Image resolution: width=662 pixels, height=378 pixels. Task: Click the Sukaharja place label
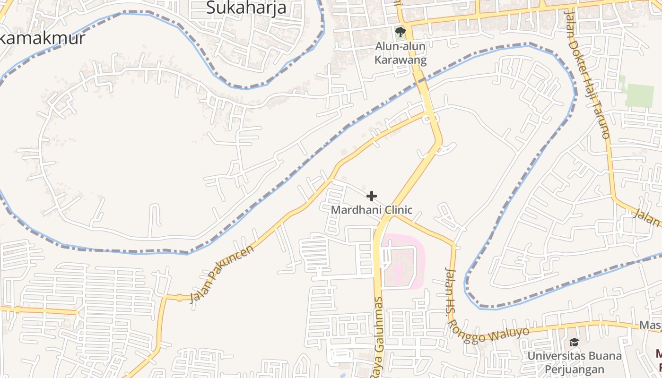[247, 8]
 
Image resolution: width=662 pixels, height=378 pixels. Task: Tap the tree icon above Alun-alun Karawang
[401, 32]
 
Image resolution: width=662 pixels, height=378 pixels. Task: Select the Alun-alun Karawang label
[401, 53]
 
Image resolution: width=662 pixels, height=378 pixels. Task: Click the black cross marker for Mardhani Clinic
[372, 196]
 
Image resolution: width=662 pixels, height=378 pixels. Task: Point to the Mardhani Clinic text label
[372, 210]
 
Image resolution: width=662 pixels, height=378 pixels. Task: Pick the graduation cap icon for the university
[574, 342]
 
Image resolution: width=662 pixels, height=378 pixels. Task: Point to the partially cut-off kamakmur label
[43, 38]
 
